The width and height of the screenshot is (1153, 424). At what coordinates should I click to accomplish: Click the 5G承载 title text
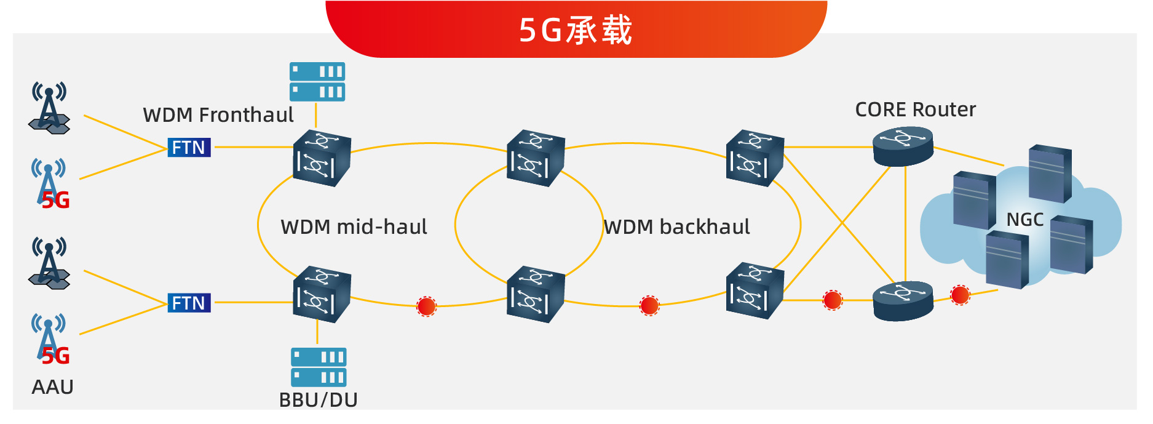576,30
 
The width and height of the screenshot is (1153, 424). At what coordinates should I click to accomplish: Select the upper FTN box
189,148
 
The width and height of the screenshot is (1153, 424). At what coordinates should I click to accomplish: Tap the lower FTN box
189,303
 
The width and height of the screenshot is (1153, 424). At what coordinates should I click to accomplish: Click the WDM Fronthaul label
218,115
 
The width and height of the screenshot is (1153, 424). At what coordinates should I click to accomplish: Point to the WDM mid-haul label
354,227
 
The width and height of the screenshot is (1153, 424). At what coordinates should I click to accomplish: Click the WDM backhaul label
676,227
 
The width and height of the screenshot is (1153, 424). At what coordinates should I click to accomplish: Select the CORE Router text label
915,110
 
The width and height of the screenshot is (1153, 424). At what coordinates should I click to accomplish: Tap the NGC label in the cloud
1024,220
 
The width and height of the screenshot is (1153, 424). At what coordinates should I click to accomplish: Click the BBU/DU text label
318,400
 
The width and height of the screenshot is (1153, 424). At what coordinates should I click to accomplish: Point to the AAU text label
52,387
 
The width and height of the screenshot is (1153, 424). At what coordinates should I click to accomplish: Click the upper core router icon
903,146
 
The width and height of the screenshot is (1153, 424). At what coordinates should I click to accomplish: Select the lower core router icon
903,300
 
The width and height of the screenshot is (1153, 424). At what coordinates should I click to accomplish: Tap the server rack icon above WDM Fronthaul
317,81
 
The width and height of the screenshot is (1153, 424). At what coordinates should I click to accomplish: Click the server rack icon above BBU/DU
319,367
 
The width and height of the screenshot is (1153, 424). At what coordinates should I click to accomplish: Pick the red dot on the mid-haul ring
426,306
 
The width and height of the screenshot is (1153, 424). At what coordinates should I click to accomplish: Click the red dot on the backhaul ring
649,305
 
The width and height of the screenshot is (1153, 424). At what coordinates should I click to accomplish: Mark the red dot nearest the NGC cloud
960,295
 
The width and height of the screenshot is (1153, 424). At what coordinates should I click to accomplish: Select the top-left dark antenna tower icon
49,108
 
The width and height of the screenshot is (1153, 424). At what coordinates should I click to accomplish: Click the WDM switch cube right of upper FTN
321,158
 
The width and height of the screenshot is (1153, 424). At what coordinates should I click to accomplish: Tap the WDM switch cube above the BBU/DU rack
321,295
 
